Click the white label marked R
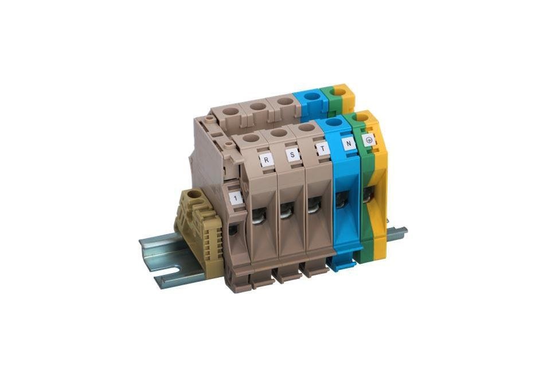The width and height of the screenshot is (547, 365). (x=267, y=160)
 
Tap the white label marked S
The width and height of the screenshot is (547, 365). (x=292, y=154)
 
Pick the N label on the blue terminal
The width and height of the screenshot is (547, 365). (x=349, y=143)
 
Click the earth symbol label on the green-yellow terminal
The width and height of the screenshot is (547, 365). (x=369, y=139)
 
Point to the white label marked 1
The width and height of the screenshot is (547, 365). (x=236, y=198)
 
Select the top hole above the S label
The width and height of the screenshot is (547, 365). (x=279, y=133)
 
